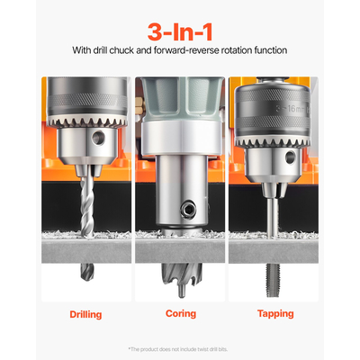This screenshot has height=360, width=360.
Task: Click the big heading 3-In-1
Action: coord(179,24)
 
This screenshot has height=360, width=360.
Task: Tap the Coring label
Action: coord(180,314)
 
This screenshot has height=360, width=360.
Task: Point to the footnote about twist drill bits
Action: coord(180,348)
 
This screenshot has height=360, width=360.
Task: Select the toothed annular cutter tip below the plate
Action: coord(179,269)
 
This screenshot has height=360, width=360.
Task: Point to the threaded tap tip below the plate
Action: coord(274,270)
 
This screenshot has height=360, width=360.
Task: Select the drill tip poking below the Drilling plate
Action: coord(85,267)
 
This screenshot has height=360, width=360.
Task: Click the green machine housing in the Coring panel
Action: coord(180,99)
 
